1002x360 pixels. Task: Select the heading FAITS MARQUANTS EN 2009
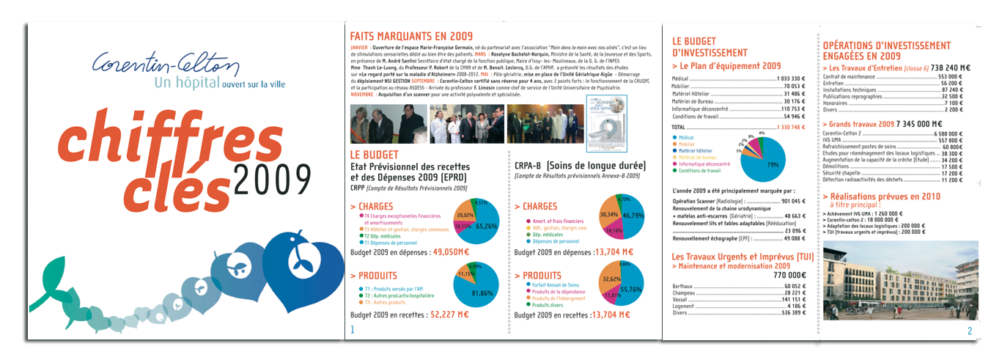(x=411, y=36)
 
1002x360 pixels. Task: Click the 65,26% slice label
(x=487, y=227)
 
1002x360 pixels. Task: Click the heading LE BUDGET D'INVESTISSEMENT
(x=710, y=48)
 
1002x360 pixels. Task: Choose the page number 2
(x=970, y=331)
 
